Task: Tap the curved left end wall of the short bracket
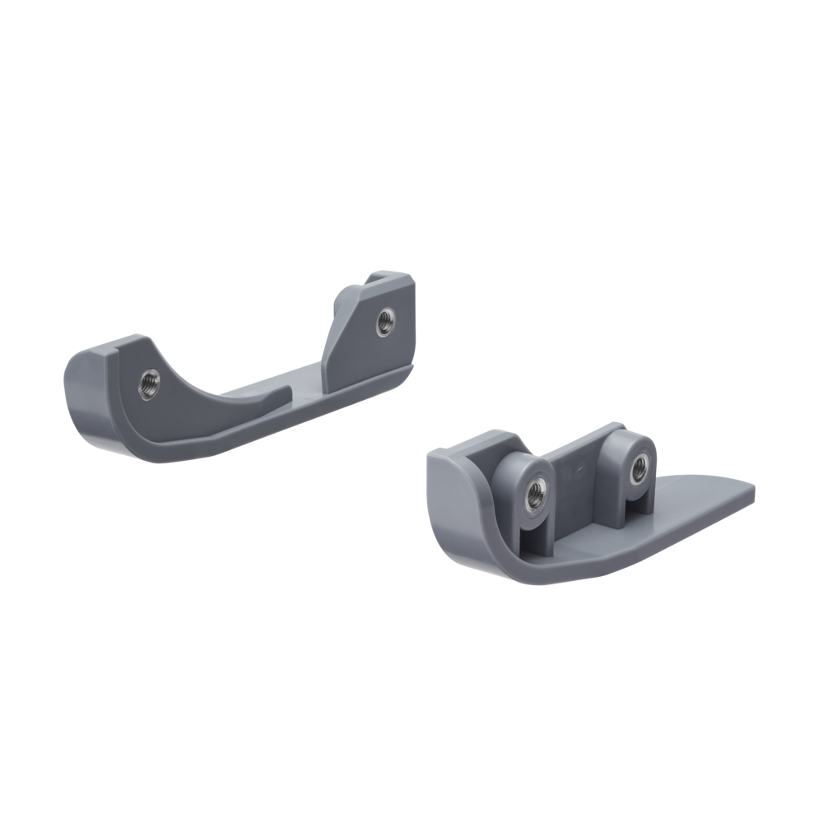tap(461, 502)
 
